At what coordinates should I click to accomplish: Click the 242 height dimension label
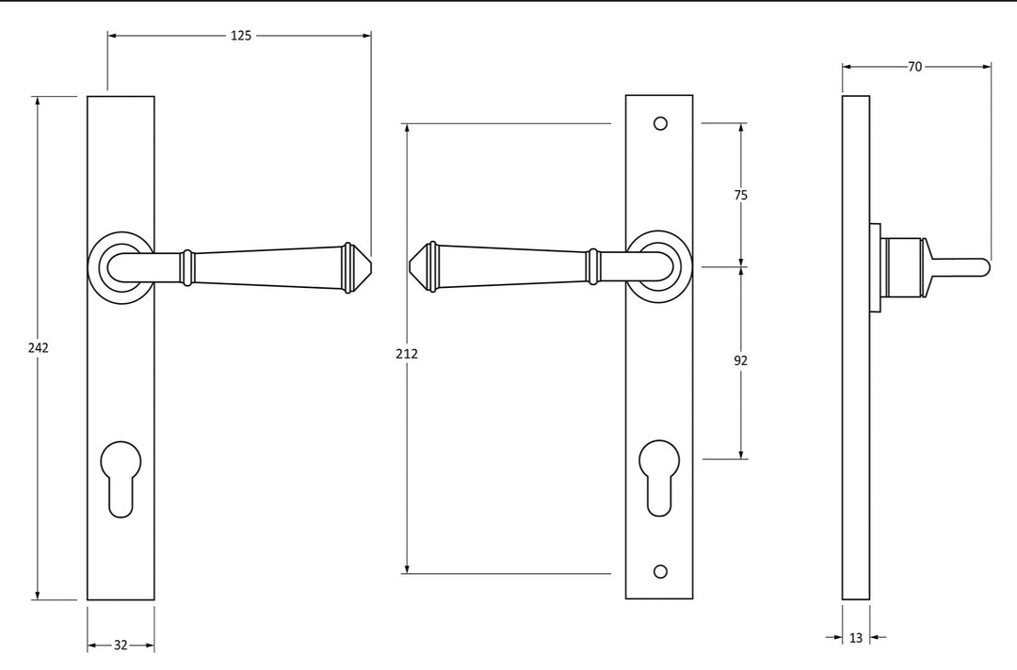click(x=38, y=347)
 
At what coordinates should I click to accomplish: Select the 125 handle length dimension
click(x=241, y=36)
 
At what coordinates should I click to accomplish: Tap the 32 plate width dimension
click(x=121, y=646)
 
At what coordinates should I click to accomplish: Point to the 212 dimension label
click(x=407, y=354)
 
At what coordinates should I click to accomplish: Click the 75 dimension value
click(x=740, y=195)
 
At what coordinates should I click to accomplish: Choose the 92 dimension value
click(x=740, y=360)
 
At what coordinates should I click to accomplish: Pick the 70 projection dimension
click(x=915, y=67)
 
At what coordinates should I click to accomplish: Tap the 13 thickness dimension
click(x=855, y=638)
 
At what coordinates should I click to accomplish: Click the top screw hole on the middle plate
click(x=660, y=123)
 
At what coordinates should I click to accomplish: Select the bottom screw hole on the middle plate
click(x=660, y=571)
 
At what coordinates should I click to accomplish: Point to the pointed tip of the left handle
click(x=367, y=266)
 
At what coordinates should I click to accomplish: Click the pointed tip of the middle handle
click(x=412, y=266)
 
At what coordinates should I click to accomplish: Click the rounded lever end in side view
click(x=983, y=267)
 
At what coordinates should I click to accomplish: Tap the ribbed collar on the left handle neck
click(x=187, y=267)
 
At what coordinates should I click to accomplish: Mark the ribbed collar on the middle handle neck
click(x=593, y=266)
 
